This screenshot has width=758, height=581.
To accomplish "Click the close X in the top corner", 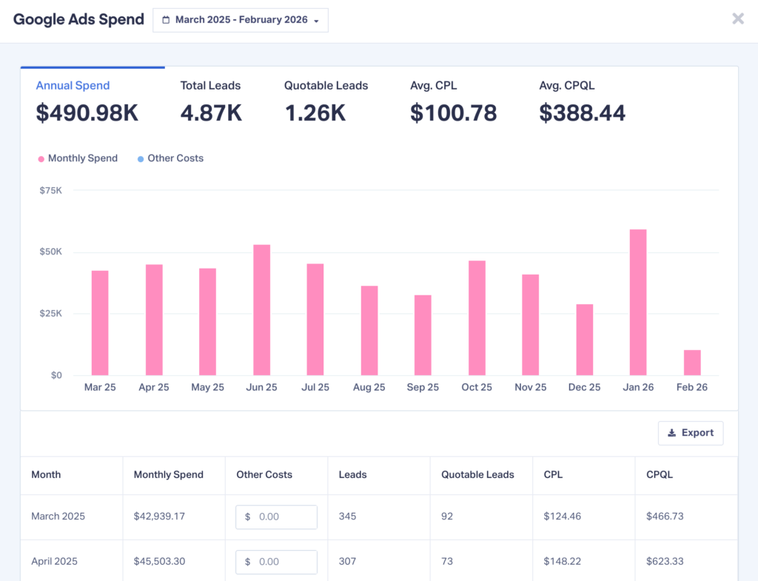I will tap(737, 19).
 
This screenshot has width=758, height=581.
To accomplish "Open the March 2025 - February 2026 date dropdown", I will tap(241, 20).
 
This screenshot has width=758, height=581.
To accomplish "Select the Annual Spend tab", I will tap(73, 86).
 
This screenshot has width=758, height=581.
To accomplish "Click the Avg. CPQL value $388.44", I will tap(582, 113).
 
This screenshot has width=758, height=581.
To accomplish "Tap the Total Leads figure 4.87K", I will tap(211, 113).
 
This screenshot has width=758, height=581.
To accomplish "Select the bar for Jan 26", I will tap(637, 303).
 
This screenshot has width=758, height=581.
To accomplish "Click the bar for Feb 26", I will tap(691, 363).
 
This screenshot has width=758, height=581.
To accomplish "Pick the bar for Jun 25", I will tap(261, 310).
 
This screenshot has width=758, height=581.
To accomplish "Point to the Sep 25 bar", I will tap(423, 335).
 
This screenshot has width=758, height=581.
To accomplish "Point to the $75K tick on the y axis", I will tap(50, 190).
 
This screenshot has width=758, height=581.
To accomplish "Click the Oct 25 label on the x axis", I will tap(477, 388).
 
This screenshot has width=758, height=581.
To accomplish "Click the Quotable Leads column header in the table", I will tap(477, 475).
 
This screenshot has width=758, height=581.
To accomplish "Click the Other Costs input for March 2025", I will tap(276, 517).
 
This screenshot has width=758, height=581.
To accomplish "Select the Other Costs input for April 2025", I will tap(276, 562).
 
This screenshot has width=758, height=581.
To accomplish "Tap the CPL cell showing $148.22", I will tap(563, 562).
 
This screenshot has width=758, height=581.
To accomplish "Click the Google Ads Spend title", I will tap(78, 20).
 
